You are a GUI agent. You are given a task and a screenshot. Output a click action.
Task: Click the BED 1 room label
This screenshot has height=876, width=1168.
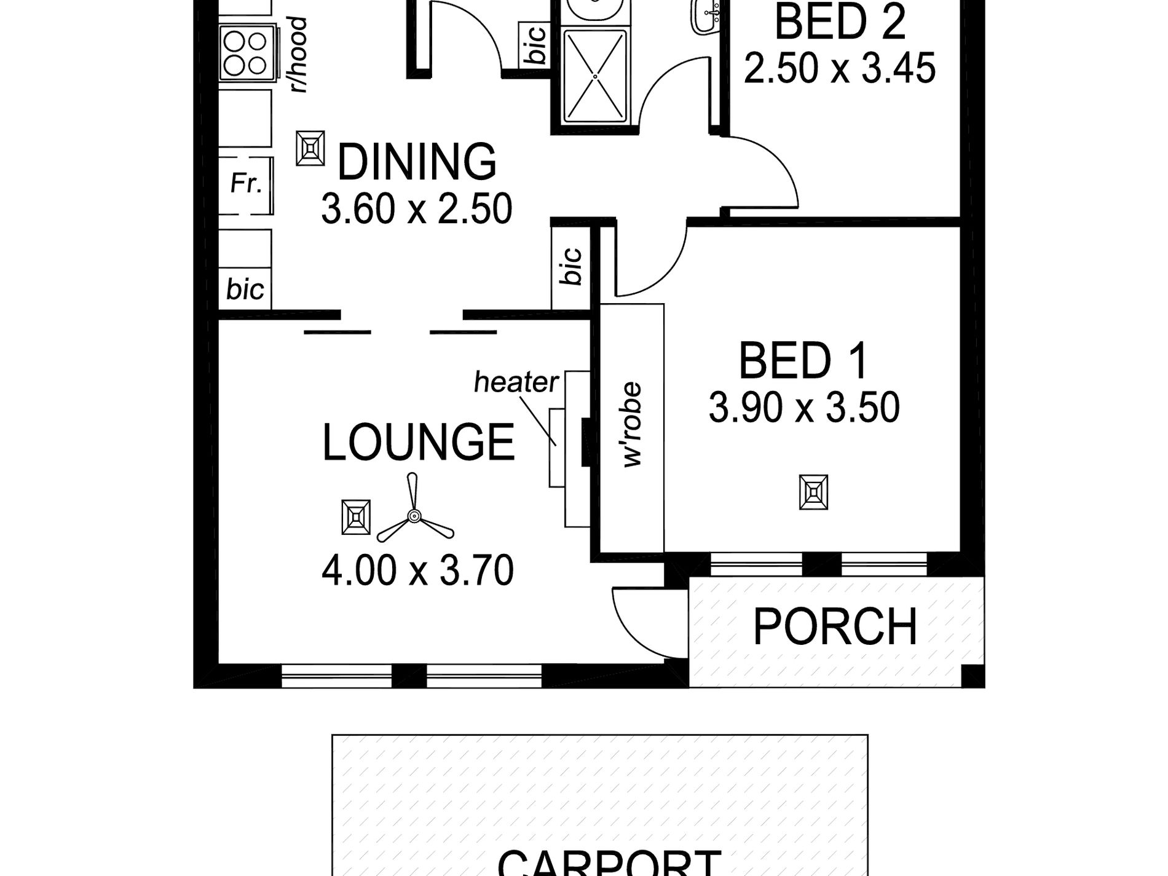coord(803,361)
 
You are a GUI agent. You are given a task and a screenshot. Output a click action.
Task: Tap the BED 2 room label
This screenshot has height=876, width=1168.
coord(840,22)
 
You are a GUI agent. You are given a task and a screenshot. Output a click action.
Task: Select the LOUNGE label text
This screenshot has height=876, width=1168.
coord(418,442)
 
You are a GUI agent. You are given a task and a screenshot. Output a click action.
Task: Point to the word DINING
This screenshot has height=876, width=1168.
coord(417,162)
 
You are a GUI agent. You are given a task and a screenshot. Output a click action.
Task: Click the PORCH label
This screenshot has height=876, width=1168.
coord(835,626)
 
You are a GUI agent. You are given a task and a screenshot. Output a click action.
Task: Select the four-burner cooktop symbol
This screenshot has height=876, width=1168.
coord(244,54)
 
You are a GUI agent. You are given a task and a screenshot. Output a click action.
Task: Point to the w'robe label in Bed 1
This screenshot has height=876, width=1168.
coord(633,425)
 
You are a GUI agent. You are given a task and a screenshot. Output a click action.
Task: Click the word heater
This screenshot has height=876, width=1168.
coord(516,382)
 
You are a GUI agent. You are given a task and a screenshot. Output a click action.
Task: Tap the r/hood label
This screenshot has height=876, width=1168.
coord(299,55)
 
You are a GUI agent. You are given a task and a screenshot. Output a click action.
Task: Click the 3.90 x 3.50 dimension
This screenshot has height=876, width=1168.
coord(804,407)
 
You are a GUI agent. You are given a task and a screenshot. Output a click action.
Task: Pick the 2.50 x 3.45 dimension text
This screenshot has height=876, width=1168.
coord(840,68)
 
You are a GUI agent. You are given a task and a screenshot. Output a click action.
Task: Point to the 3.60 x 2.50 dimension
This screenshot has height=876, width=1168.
coord(417,208)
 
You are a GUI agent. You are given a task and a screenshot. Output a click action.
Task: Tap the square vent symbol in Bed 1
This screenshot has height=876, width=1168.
coord(813,492)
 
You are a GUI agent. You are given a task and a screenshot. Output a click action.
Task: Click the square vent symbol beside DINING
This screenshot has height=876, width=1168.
coord(310,148)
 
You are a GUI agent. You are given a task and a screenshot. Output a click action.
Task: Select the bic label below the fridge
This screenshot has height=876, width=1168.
coord(245,289)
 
